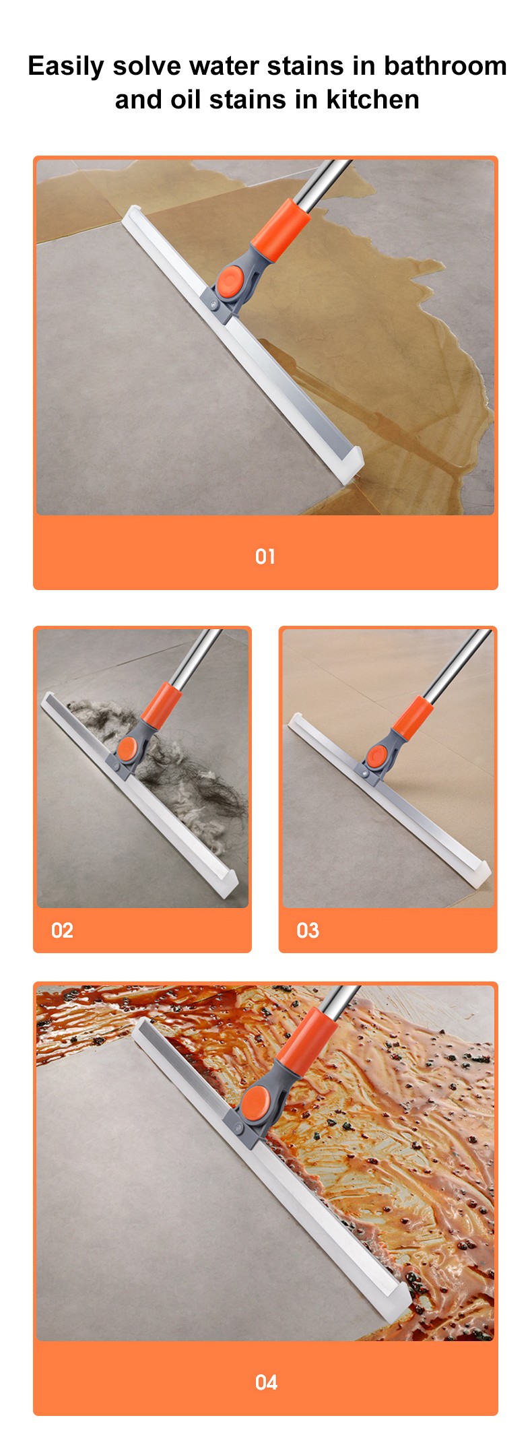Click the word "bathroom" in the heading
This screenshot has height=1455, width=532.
(445, 66)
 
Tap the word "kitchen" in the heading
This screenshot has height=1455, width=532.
(372, 100)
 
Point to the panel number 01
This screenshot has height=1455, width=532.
(265, 556)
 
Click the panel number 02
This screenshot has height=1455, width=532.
(62, 930)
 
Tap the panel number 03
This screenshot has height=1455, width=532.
(308, 930)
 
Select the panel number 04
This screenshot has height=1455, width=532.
(266, 1382)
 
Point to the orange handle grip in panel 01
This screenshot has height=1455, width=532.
(280, 225)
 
